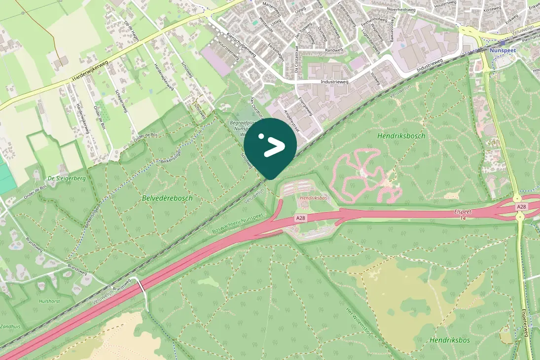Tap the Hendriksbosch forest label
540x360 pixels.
pyautogui.click(x=401, y=136)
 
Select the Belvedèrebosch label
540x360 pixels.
pyautogui.click(x=167, y=198)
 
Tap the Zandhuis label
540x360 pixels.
pyautogui.click(x=10, y=312)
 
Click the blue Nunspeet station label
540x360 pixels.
pyautogui.click(x=502, y=50)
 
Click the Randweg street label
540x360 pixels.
pyautogui.click(x=333, y=50)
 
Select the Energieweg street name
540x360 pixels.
pyautogui.click(x=305, y=106)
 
